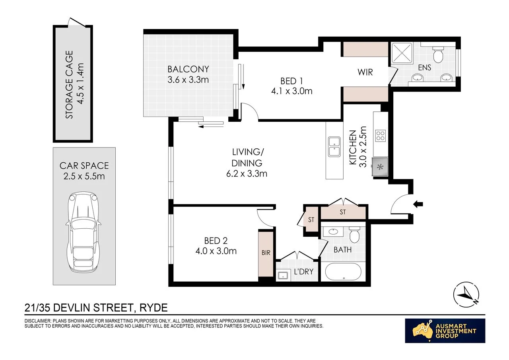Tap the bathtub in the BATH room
tap(343, 272)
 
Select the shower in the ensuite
tap(402, 53)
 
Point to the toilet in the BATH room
tap(354, 234)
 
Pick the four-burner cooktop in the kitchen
tap(381, 136)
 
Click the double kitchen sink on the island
tap(334, 147)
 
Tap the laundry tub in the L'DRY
tap(283, 275)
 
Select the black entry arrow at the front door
tap(418, 204)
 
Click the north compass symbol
tap(466, 295)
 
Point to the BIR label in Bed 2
tap(266, 253)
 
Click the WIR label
tap(365, 72)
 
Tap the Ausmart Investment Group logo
tap(445, 331)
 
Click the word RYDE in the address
tap(153, 308)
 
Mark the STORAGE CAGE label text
tap(69, 85)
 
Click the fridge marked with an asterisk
tap(380, 167)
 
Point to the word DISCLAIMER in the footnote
tap(38, 321)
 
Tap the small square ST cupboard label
tap(311, 220)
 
